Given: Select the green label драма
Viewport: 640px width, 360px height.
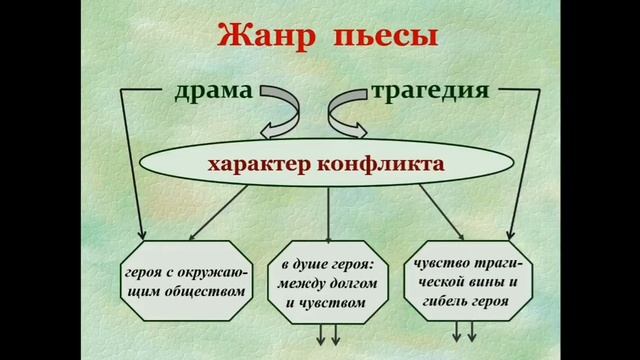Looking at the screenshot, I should (213, 92).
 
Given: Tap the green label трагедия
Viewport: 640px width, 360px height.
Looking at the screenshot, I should (430, 92).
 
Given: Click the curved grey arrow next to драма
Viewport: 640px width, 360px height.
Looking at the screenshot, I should (281, 110).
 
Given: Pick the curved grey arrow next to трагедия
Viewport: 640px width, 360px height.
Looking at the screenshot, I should (349, 110).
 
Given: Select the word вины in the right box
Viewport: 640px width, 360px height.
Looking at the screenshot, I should (486, 282).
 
